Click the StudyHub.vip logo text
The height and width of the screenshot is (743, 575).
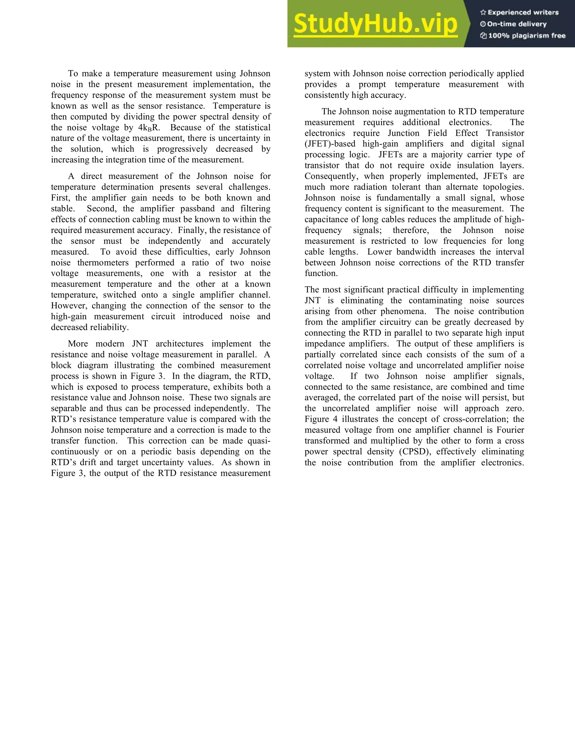(375, 24)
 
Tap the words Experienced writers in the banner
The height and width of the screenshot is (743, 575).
(523, 13)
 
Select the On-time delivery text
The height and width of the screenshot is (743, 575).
(517, 24)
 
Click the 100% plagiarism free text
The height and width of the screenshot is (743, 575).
(527, 36)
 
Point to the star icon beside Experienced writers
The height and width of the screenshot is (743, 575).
(483, 13)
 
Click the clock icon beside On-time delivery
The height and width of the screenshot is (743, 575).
(483, 24)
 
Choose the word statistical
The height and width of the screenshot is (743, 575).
(253, 128)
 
